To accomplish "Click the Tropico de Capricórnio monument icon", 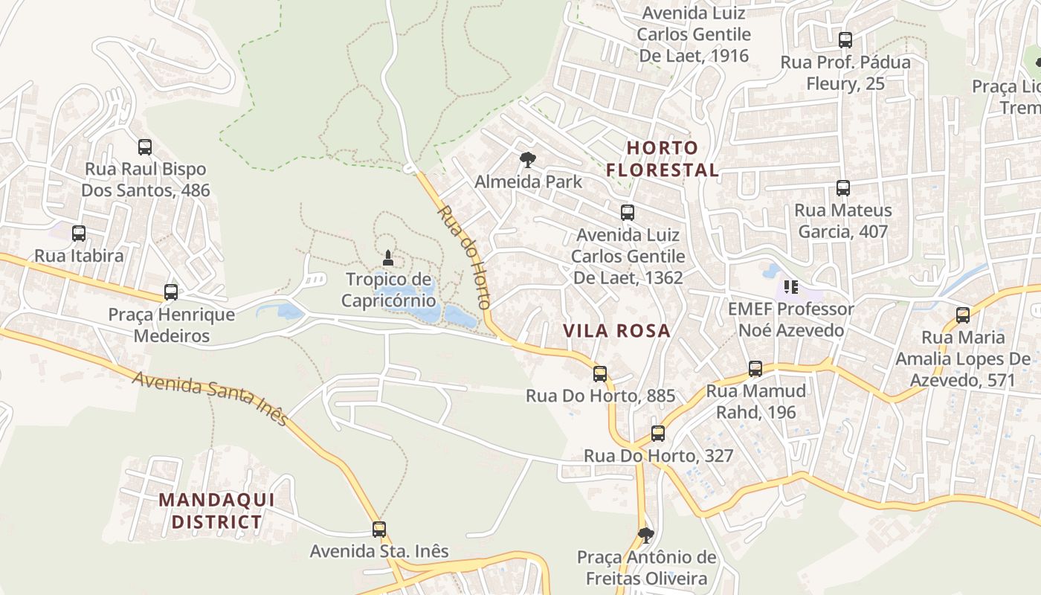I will (387, 259).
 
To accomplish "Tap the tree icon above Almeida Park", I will (528, 159).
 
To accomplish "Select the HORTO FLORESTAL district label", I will (663, 158).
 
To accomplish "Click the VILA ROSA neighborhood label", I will (616, 331).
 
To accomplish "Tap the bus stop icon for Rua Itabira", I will (79, 234).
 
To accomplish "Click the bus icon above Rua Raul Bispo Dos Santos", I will (145, 147).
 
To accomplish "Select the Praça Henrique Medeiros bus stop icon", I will (171, 292).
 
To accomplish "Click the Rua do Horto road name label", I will (464, 257).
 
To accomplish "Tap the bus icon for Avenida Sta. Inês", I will (379, 530).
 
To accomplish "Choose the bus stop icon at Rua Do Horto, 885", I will (600, 374).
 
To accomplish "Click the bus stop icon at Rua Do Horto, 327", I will (658, 434).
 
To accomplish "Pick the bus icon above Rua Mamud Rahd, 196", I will (755, 369).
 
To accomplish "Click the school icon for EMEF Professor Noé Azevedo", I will (790, 286).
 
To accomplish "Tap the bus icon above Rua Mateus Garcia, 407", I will (842, 188).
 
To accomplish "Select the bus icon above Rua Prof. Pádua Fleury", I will (845, 40).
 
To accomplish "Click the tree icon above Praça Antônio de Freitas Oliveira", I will (646, 535).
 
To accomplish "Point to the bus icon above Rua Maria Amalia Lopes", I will (963, 315).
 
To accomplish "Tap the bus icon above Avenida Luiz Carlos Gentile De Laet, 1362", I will (628, 213).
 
